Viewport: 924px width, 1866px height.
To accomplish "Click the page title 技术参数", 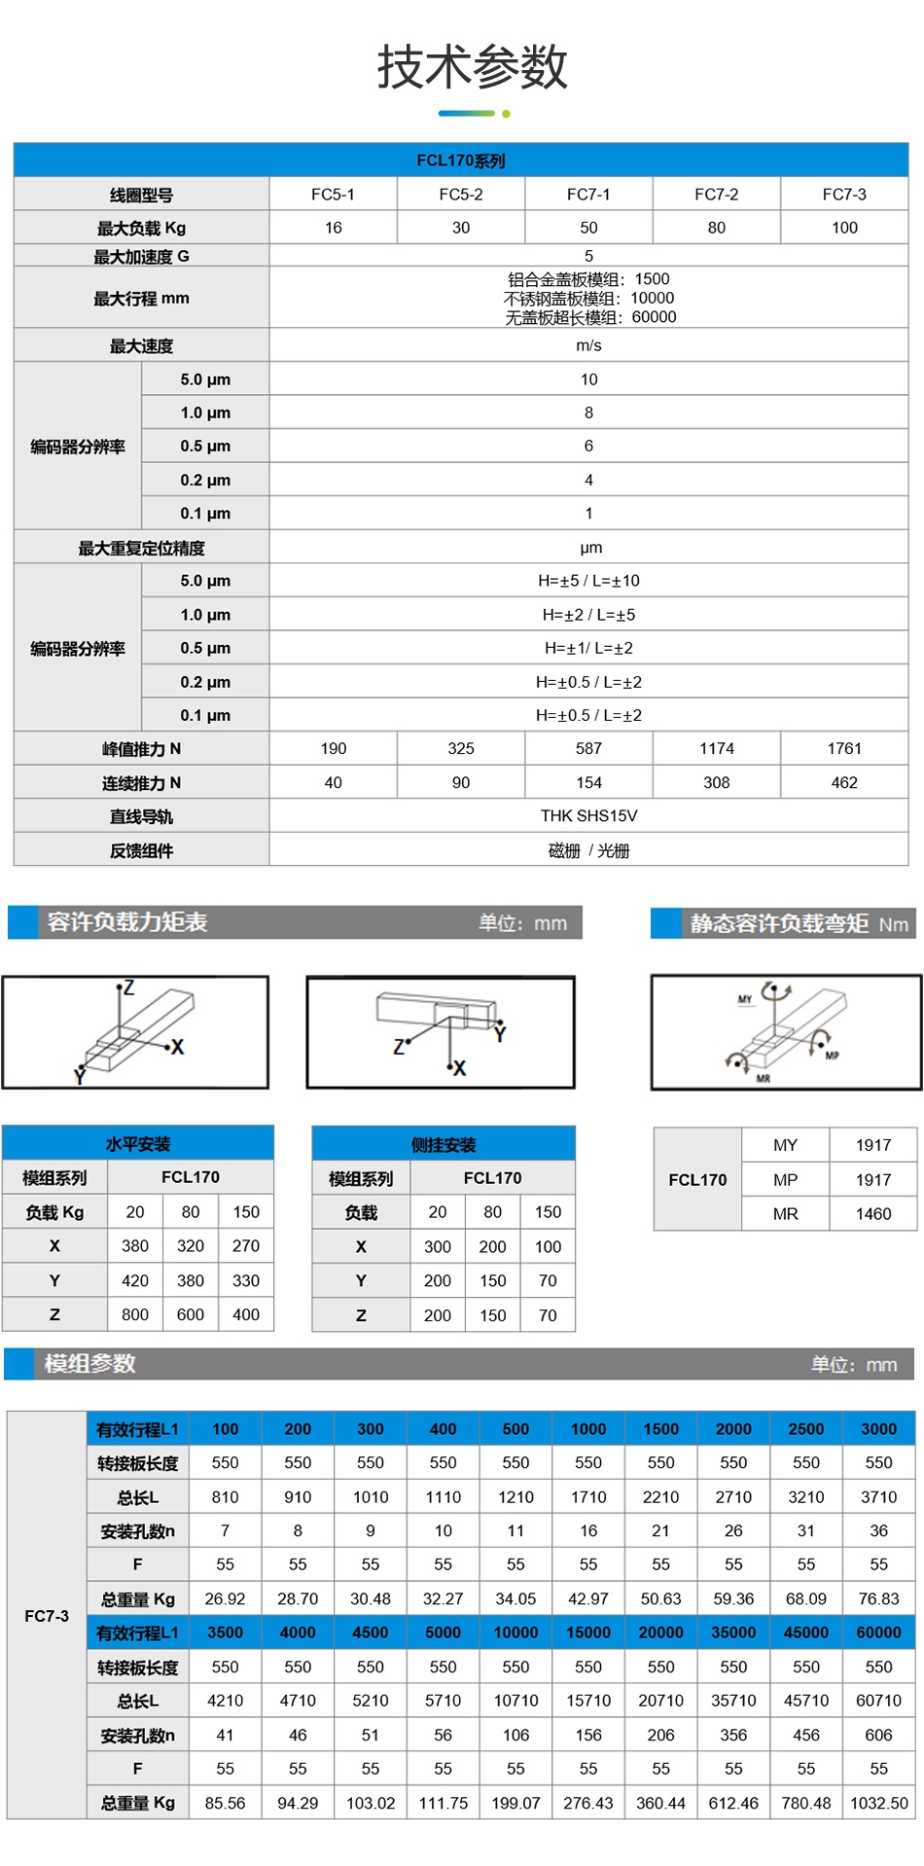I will coord(472,67).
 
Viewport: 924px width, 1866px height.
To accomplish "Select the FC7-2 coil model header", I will coord(716,195).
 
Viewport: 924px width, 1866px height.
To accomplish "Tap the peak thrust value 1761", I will coord(843,748).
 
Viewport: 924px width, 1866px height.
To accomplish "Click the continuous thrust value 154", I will coord(588,782).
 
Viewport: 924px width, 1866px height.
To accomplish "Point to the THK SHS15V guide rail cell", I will coord(588,815).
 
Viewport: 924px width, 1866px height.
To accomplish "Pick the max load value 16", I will coord(333,228).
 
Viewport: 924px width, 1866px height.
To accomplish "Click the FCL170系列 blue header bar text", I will coord(460,161).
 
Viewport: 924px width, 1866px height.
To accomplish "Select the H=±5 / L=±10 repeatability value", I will coord(588,581).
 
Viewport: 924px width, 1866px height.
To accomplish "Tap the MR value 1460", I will coord(872,1213).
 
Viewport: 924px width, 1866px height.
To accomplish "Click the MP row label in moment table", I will coord(785,1179).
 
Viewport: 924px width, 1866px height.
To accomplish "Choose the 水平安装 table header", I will coord(137,1144).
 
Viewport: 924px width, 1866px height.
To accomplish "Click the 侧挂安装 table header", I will coord(444,1145).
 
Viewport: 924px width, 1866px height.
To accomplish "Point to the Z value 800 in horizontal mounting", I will coord(135,1314).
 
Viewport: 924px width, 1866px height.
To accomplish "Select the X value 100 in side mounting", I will coord(548,1246).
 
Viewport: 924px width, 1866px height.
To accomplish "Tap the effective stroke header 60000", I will coord(878,1632).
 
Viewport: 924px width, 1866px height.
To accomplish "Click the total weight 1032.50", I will coord(878,1803).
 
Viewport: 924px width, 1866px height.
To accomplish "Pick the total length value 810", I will coord(225,1497).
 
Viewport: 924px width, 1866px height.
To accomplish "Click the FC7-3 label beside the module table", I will coord(47,1615).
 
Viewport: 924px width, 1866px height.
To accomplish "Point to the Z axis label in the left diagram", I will coord(128,988).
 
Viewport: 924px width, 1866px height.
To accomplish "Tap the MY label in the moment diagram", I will coord(745,999).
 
